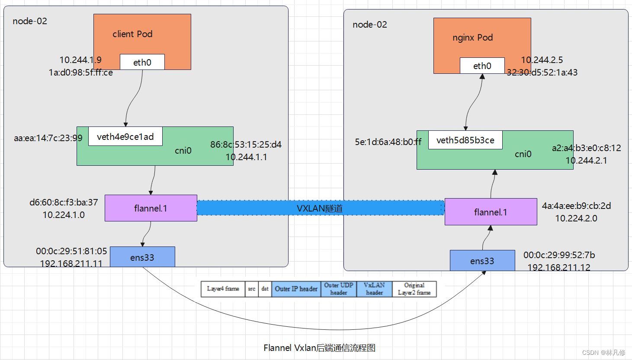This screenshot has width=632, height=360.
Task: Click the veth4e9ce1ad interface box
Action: (x=125, y=136)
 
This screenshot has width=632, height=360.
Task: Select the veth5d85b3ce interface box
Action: (x=465, y=140)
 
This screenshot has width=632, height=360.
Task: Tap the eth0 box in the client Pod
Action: (x=142, y=62)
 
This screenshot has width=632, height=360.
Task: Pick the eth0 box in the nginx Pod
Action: (x=482, y=66)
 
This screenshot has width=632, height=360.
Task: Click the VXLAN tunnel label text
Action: (x=320, y=208)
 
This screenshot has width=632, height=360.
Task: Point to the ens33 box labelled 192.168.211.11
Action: (x=142, y=257)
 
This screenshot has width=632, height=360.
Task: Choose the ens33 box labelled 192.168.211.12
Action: (x=482, y=261)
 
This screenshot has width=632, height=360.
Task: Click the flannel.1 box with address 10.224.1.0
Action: (x=151, y=208)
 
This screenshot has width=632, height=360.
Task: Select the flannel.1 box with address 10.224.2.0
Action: (x=491, y=212)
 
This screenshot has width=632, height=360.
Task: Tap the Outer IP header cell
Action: (x=296, y=289)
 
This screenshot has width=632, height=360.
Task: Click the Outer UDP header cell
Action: (x=339, y=289)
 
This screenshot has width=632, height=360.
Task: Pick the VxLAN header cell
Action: (x=374, y=289)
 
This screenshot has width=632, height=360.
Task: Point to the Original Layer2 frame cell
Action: (x=414, y=289)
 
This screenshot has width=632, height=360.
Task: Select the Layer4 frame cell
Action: (x=223, y=289)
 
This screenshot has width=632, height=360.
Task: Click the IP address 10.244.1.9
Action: (x=80, y=60)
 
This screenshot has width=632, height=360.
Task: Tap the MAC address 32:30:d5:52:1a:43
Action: (x=542, y=72)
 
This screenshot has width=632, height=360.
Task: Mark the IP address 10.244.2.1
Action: (x=586, y=160)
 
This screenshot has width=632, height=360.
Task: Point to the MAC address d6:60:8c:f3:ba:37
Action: (x=64, y=202)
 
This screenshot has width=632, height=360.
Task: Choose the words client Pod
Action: (x=132, y=34)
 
